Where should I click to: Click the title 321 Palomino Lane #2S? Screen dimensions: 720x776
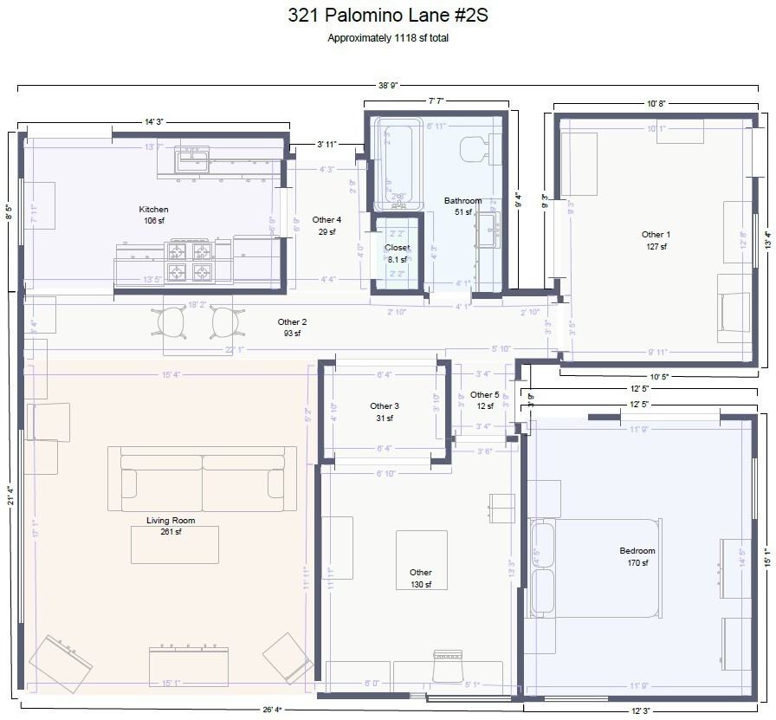pyautogui.click(x=387, y=16)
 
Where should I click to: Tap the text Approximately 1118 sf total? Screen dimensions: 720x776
pyautogui.click(x=387, y=38)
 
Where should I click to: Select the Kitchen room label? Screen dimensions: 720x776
pyautogui.click(x=153, y=210)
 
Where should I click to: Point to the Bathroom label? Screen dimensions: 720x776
pyautogui.click(x=462, y=201)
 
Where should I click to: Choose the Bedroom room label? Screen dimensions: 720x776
pyautogui.click(x=637, y=551)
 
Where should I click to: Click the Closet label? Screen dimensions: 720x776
pyautogui.click(x=397, y=248)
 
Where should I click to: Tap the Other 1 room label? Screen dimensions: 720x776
pyautogui.click(x=656, y=235)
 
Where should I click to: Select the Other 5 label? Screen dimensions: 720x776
pyautogui.click(x=484, y=395)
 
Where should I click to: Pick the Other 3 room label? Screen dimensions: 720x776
pyautogui.click(x=385, y=406)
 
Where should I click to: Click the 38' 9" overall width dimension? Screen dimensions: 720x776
pyautogui.click(x=387, y=86)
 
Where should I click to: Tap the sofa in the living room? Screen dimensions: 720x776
pyautogui.click(x=202, y=478)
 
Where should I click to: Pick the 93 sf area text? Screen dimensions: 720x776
pyautogui.click(x=292, y=334)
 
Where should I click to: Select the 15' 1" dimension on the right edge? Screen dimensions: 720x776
pyautogui.click(x=766, y=555)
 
